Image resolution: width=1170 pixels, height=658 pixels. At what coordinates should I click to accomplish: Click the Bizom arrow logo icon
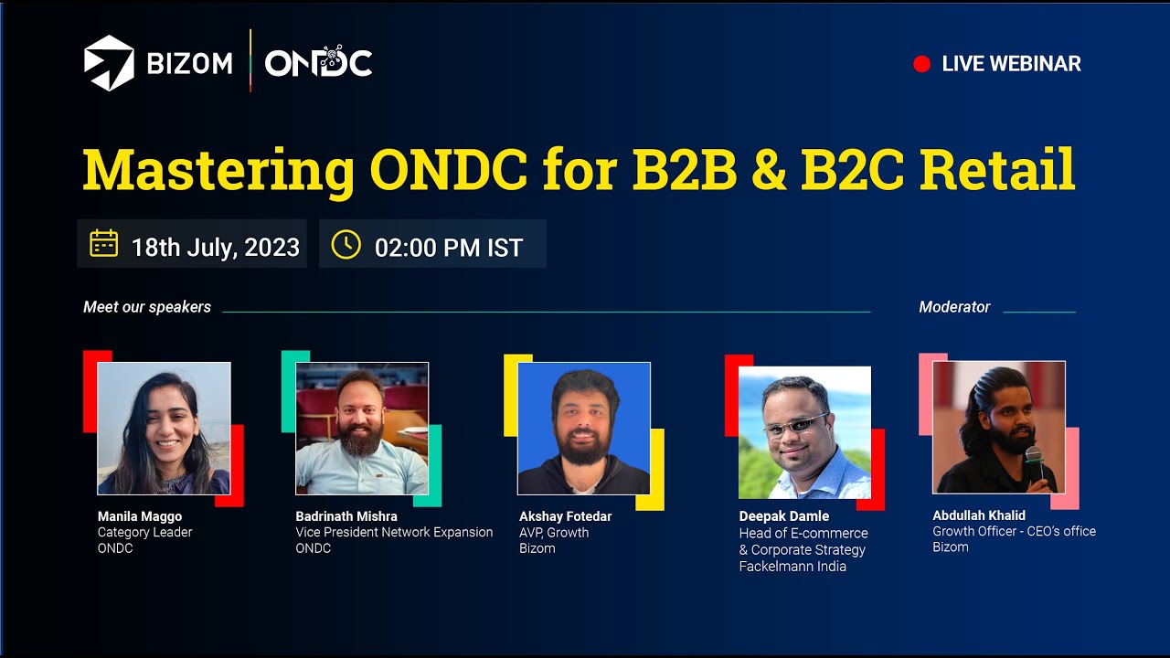pos(109,63)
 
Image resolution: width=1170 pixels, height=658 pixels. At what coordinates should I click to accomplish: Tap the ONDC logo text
pos(318,63)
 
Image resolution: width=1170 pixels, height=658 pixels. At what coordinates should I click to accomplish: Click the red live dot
pos(921,64)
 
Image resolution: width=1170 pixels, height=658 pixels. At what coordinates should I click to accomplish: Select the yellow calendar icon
pos(103,244)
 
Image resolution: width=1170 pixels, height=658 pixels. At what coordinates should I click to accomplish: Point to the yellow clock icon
pos(346,244)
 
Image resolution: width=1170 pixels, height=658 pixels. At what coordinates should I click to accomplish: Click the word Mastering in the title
pos(218,170)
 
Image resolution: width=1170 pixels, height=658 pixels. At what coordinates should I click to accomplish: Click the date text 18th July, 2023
pos(216,247)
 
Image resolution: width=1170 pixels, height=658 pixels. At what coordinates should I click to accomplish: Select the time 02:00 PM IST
pos(449,248)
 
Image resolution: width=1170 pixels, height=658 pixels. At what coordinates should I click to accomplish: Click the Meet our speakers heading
pos(147,307)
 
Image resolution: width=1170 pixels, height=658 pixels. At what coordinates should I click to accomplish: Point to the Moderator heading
pos(954,307)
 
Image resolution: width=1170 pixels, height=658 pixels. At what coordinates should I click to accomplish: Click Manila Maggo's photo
pos(164,428)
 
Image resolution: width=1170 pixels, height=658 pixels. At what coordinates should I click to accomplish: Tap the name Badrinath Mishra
pos(346,516)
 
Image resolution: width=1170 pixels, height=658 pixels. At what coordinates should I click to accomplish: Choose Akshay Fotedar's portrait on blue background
pos(583,428)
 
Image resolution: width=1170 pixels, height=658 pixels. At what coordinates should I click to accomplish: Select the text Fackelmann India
pos(792,567)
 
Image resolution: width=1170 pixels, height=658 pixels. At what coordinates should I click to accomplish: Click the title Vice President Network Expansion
pos(394,532)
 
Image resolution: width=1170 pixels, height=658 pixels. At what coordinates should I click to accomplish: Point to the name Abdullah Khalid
pos(979,515)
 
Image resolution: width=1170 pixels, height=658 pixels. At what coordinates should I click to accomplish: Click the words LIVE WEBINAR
pos(1011,64)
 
